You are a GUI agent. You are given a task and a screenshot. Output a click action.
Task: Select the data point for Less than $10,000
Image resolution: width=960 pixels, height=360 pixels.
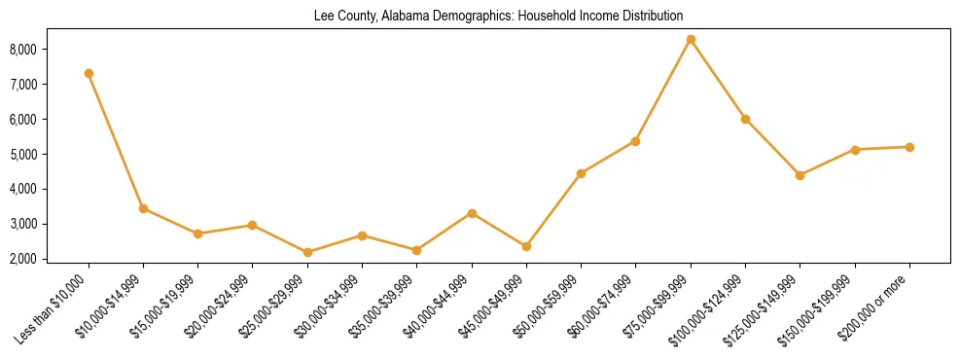(x=89, y=73)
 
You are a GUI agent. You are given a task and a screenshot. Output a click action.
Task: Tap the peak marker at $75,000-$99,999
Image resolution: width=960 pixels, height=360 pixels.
(x=691, y=40)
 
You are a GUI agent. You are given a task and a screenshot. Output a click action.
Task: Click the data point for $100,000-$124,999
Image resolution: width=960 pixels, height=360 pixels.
(x=745, y=119)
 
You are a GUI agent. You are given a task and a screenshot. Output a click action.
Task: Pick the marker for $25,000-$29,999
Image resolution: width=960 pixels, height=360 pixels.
(x=307, y=252)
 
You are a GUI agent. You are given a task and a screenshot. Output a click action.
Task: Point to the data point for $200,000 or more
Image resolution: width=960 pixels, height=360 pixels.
(x=909, y=147)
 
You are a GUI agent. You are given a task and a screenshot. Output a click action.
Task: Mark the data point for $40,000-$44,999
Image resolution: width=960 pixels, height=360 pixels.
(x=472, y=213)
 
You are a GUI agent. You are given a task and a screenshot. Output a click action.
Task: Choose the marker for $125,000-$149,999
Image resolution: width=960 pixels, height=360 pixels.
(x=800, y=175)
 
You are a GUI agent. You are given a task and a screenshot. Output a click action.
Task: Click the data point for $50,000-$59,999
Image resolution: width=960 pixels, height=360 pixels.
(x=581, y=173)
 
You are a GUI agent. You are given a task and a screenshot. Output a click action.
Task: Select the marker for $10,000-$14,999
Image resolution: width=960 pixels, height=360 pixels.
(x=143, y=208)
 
